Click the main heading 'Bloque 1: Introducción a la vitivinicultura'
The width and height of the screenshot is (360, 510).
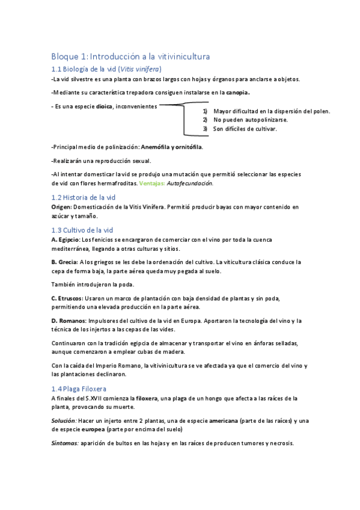130,57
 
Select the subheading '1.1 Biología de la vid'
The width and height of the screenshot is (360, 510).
106,69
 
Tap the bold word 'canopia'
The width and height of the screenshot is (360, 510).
237,93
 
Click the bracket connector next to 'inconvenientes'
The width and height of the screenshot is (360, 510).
180,117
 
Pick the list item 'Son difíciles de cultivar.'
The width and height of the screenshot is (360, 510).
245,129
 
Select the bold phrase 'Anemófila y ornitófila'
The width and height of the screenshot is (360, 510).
171,147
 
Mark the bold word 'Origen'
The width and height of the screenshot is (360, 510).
61,207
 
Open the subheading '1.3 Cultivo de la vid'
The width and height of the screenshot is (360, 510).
82,230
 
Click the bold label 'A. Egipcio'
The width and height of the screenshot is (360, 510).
66,239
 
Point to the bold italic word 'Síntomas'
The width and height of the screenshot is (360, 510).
66,443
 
